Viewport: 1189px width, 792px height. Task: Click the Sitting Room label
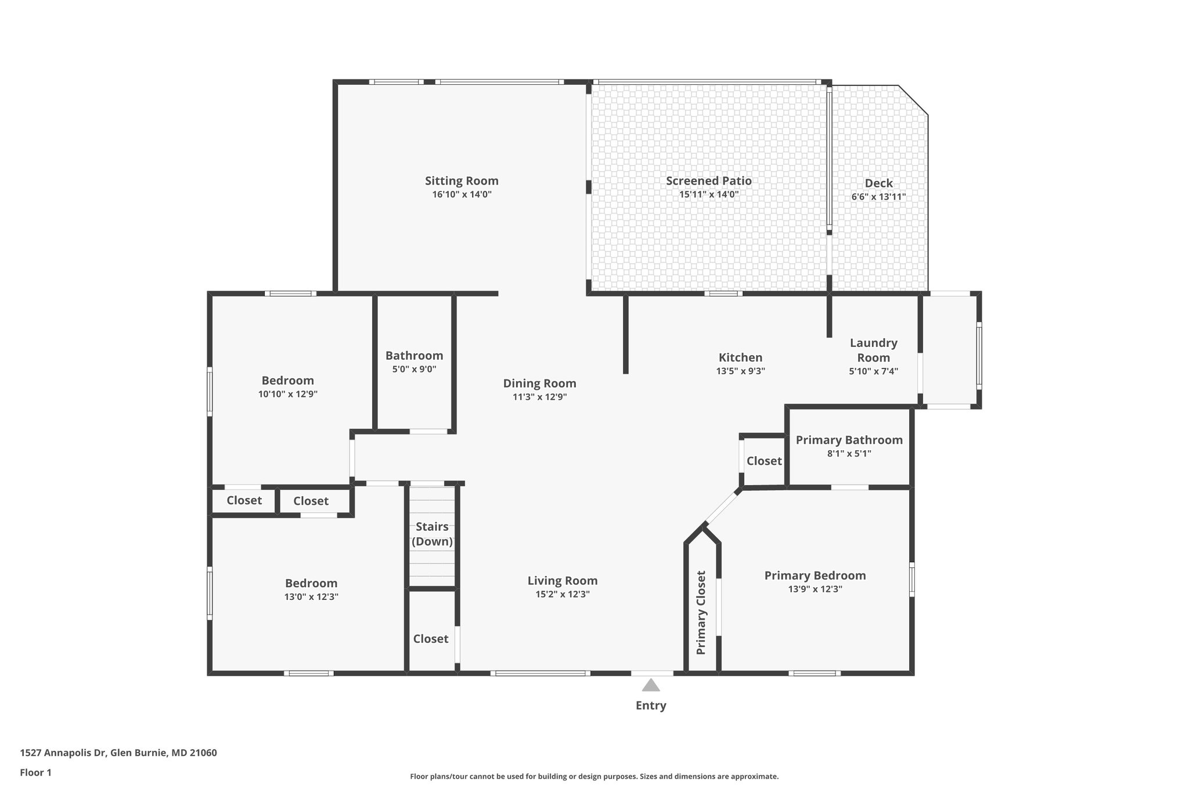pyautogui.click(x=462, y=181)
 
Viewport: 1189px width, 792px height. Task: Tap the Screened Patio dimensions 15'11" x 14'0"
pyautogui.click(x=708, y=194)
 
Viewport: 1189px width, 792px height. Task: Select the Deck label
pyautogui.click(x=878, y=183)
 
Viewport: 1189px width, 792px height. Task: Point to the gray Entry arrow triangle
pyautogui.click(x=651, y=686)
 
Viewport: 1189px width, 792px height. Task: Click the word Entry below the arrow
pyautogui.click(x=651, y=706)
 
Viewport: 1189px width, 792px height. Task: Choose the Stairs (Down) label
pyautogui.click(x=432, y=534)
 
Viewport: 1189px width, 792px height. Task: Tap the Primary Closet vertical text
pyautogui.click(x=701, y=613)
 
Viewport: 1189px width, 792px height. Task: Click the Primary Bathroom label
pyautogui.click(x=849, y=440)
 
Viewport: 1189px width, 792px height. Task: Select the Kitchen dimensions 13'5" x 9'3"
pyautogui.click(x=740, y=371)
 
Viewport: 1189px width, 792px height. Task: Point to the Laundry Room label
pyautogui.click(x=873, y=350)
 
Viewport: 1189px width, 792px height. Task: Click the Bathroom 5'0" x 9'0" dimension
pyautogui.click(x=414, y=369)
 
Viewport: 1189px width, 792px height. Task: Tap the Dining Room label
pyautogui.click(x=539, y=384)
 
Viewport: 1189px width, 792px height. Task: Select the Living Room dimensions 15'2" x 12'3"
pyautogui.click(x=562, y=594)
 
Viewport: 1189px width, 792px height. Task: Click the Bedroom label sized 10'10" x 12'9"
pyautogui.click(x=287, y=381)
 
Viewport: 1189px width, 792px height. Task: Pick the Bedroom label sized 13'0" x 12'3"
pyautogui.click(x=311, y=583)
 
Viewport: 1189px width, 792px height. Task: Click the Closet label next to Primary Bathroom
pyautogui.click(x=764, y=461)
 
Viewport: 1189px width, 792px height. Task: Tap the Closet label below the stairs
pyautogui.click(x=431, y=639)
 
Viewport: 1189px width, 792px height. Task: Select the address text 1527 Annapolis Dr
pyautogui.click(x=64, y=753)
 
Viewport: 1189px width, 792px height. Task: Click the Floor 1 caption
pyautogui.click(x=36, y=772)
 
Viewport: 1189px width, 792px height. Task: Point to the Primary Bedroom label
pyautogui.click(x=815, y=576)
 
